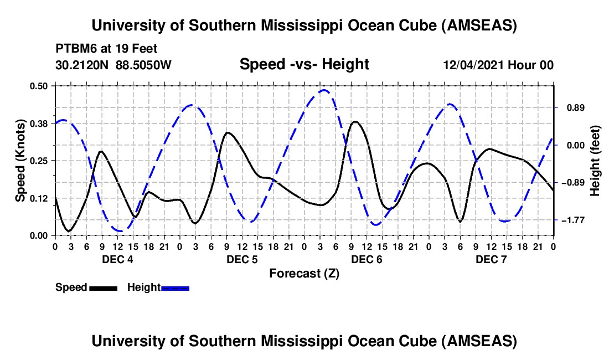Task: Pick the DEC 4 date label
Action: point(116,259)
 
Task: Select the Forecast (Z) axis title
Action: point(304,273)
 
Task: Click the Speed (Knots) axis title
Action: point(20,160)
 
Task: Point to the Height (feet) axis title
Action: point(595,160)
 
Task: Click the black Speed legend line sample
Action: point(103,287)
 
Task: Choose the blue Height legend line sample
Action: point(175,287)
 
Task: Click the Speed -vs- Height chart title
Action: point(304,64)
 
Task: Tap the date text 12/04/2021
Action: point(473,65)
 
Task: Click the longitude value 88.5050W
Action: point(144,65)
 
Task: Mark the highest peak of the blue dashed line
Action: point(324,90)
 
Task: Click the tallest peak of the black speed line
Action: point(355,121)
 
